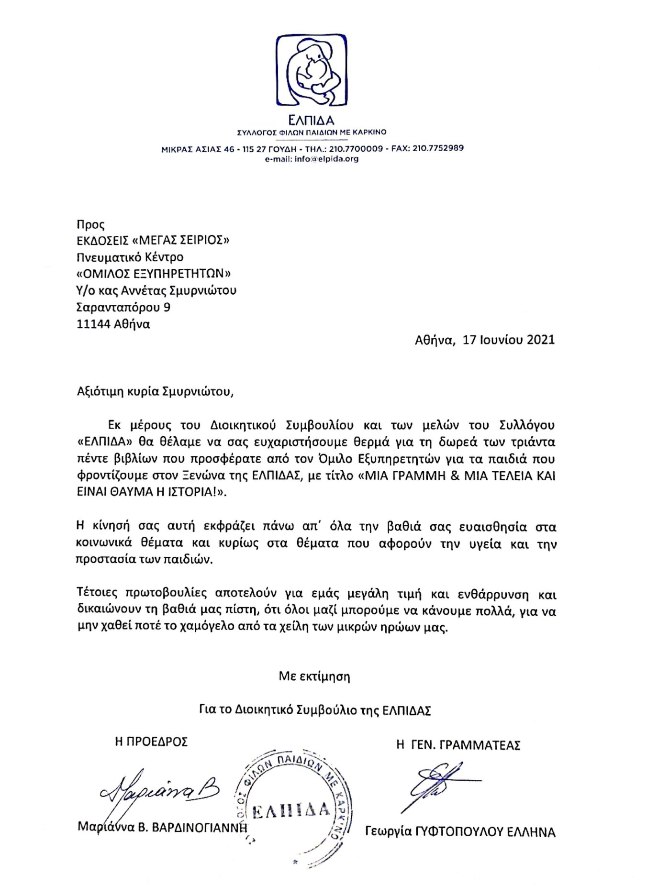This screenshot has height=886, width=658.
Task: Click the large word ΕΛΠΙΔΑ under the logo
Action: [312, 120]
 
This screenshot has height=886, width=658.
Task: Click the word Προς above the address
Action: [90, 224]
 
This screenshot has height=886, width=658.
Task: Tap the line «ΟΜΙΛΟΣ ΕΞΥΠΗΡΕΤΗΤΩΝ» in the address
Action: [154, 274]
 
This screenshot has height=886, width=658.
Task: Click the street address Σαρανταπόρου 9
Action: [123, 307]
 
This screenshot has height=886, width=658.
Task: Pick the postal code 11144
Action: [93, 324]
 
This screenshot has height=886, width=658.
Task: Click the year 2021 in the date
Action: [540, 340]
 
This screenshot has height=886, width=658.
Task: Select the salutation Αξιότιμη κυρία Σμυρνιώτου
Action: [156, 392]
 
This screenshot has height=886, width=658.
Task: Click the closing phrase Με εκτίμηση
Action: [314, 676]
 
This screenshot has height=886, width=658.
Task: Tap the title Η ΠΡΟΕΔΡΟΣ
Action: [151, 742]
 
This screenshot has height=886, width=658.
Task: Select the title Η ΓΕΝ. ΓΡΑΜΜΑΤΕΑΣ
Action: [458, 745]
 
